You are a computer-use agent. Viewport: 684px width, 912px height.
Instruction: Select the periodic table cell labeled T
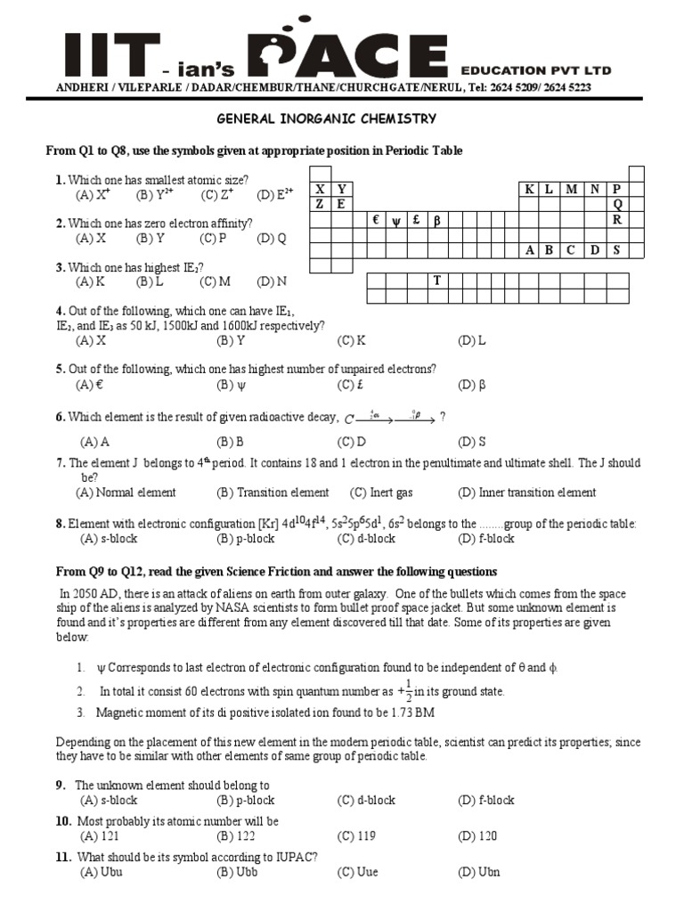click(x=437, y=281)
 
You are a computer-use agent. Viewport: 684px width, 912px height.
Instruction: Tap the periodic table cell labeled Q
click(x=615, y=204)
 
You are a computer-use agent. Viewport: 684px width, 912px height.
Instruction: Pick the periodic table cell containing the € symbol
click(x=377, y=220)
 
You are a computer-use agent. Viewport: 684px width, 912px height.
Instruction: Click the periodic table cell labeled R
click(x=615, y=219)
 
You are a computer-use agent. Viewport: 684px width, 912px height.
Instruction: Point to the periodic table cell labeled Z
click(x=319, y=204)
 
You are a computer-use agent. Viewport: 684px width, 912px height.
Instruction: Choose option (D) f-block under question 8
click(x=485, y=538)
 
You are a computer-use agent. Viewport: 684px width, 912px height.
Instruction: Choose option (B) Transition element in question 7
click(x=273, y=493)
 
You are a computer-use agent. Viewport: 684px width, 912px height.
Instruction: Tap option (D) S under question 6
click(x=472, y=442)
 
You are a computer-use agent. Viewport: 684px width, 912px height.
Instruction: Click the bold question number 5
click(x=60, y=369)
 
